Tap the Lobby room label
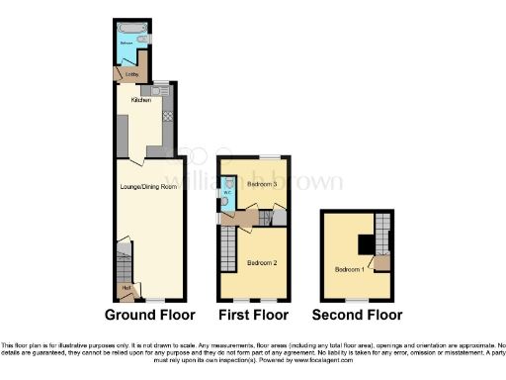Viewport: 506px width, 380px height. click(x=131, y=73)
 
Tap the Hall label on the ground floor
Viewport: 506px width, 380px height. click(x=125, y=289)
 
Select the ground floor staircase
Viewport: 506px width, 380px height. click(x=123, y=264)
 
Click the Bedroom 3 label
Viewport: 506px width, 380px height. click(x=261, y=184)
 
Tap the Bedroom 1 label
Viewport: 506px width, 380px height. click(x=347, y=269)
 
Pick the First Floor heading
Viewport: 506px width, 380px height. click(x=255, y=316)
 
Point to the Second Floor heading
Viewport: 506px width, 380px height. click(x=357, y=316)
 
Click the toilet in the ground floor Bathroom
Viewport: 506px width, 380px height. click(x=145, y=41)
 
